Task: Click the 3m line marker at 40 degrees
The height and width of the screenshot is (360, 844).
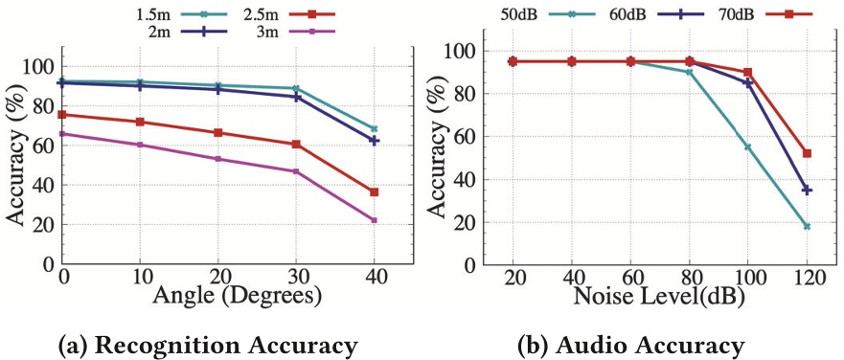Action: [374, 220]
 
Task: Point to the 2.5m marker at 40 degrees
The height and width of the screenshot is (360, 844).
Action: [374, 192]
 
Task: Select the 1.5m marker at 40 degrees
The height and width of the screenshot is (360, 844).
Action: [374, 128]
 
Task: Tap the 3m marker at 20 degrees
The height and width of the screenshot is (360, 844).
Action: [217, 159]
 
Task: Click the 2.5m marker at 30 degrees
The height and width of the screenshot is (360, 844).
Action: [296, 145]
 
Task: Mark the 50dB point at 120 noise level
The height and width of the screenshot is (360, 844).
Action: [807, 227]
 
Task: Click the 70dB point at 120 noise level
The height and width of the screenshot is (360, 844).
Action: [807, 153]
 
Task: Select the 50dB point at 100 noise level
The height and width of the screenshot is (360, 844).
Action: [748, 147]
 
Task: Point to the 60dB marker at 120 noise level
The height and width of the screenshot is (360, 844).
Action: [807, 191]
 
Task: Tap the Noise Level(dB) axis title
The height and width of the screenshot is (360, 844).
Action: [659, 297]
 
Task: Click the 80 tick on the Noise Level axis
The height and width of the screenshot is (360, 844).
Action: [689, 277]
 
